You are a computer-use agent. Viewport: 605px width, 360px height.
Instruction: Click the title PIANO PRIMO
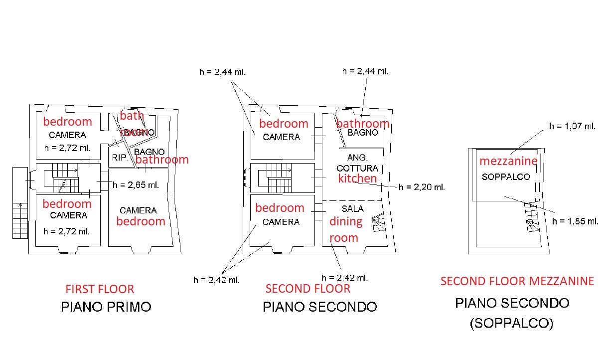[106, 307]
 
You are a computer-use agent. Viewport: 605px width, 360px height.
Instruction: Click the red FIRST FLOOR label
[100, 289]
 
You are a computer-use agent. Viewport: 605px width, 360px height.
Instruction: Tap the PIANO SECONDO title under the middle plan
[319, 307]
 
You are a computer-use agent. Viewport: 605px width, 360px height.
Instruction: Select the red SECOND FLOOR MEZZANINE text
[517, 281]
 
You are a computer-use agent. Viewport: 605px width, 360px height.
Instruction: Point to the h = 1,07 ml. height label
[572, 127]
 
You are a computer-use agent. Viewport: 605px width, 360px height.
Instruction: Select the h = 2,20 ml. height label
[422, 187]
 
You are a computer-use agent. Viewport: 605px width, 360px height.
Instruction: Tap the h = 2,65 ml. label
[136, 185]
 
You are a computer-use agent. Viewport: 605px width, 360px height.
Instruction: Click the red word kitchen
[357, 179]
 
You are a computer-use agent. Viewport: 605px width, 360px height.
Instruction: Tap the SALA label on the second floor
[352, 209]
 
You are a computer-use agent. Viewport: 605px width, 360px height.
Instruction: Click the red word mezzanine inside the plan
[508, 161]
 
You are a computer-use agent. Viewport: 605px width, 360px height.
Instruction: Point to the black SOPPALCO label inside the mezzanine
[505, 177]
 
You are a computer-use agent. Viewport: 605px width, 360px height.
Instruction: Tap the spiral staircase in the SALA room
[380, 223]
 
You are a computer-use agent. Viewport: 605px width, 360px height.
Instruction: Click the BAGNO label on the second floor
[362, 133]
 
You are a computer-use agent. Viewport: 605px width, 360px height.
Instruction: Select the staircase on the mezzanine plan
[532, 218]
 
